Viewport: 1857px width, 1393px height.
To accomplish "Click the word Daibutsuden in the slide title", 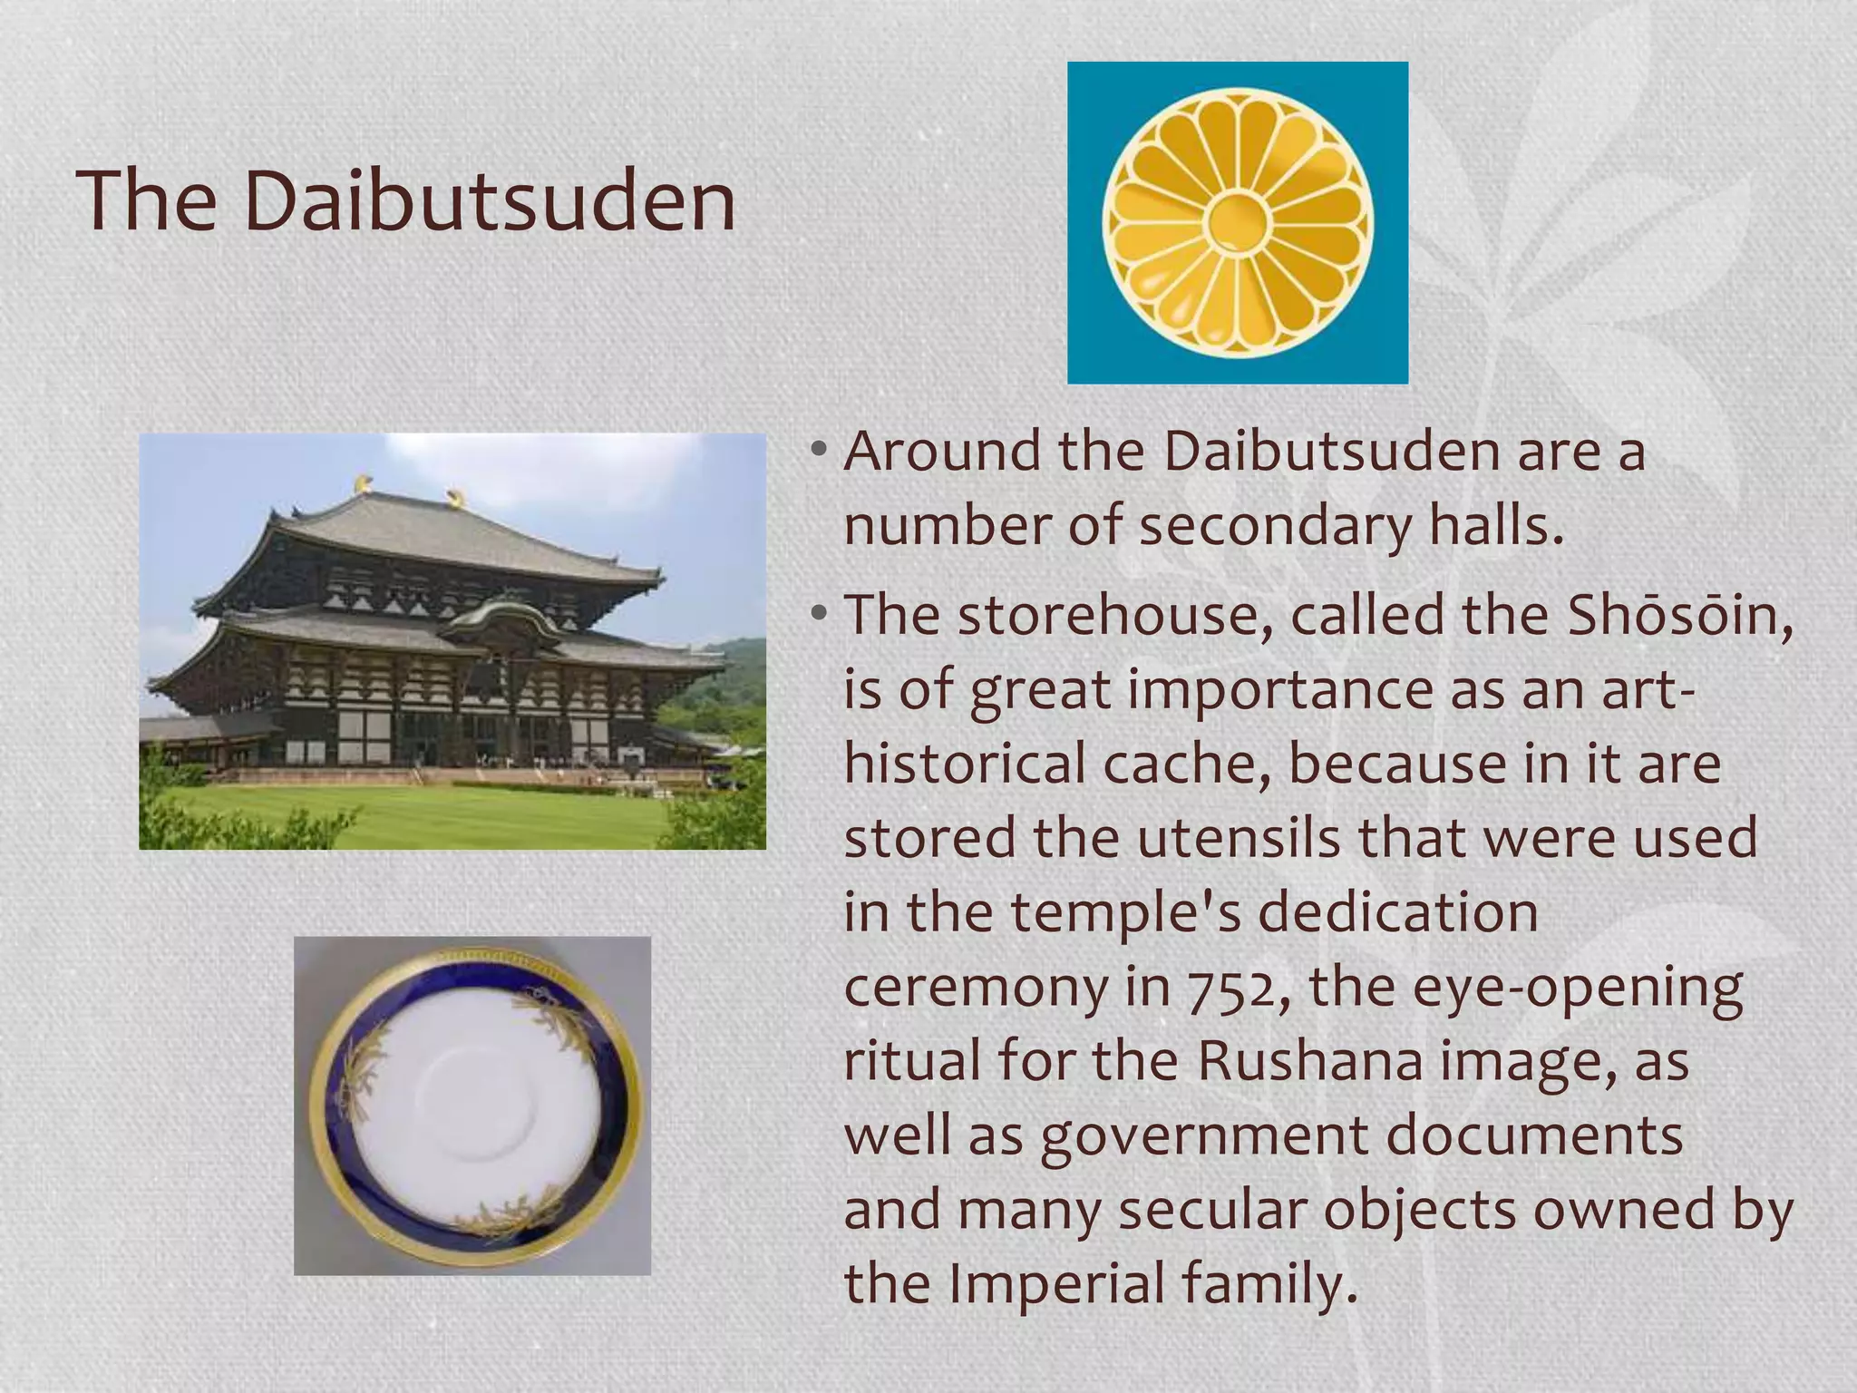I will [x=490, y=201].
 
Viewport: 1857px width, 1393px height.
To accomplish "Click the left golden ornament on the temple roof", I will [x=364, y=483].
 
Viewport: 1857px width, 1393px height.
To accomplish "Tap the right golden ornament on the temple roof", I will [x=453, y=497].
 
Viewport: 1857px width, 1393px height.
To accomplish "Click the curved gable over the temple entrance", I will [x=504, y=616].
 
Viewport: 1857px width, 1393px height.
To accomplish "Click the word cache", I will [x=1184, y=764].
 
